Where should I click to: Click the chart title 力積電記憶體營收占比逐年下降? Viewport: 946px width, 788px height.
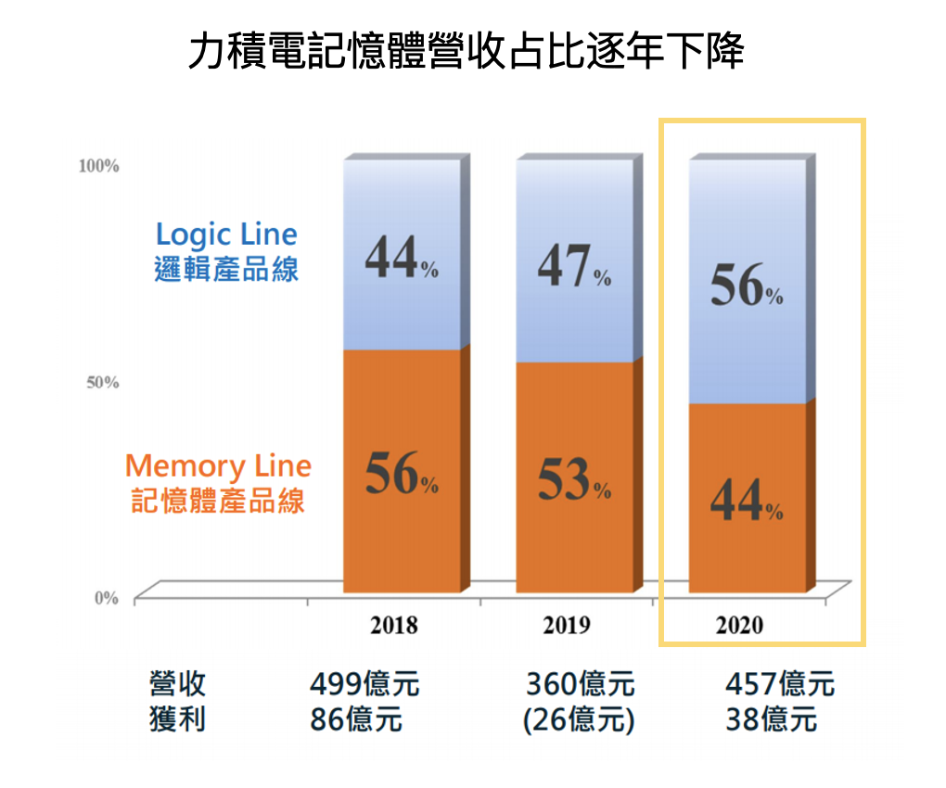[x=466, y=52]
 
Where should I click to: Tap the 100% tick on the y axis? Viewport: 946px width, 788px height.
[x=99, y=166]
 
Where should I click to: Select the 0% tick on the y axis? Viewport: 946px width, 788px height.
[x=106, y=598]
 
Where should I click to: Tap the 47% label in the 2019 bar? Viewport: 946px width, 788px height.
[x=574, y=268]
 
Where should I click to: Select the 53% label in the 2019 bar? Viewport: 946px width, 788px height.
[x=574, y=480]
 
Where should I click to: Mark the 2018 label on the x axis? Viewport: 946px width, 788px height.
[x=393, y=625]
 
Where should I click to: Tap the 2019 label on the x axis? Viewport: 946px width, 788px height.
[x=566, y=625]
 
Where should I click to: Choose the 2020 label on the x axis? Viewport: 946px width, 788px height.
[x=739, y=625]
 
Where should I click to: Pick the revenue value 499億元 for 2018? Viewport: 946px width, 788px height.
[x=364, y=684]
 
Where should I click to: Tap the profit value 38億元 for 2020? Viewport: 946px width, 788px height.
[x=771, y=719]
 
